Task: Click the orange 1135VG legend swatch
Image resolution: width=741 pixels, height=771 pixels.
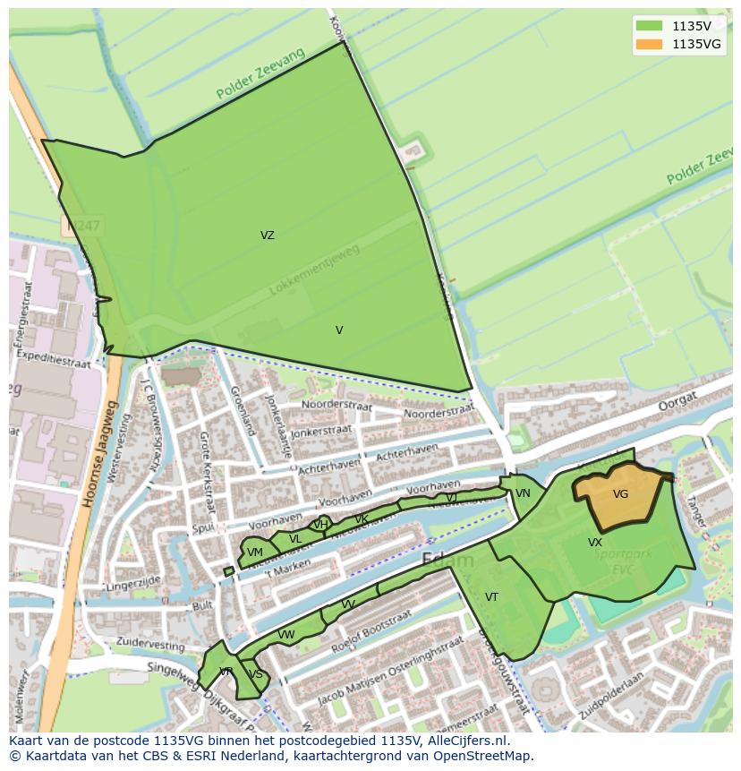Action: pyautogui.click(x=650, y=44)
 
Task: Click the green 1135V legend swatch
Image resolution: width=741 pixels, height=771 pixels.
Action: pyautogui.click(x=650, y=26)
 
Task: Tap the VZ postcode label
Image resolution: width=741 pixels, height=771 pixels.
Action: pyautogui.click(x=268, y=236)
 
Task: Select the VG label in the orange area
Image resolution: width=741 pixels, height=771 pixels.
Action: pyautogui.click(x=620, y=494)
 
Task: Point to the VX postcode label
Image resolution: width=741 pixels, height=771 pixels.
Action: pyautogui.click(x=595, y=543)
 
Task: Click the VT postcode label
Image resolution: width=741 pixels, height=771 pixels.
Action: pyautogui.click(x=491, y=597)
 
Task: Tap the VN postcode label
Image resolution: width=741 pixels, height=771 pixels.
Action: pyautogui.click(x=523, y=493)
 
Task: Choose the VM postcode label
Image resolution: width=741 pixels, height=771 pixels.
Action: pyautogui.click(x=255, y=553)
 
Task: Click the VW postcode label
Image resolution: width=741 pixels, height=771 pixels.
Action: pyautogui.click(x=286, y=635)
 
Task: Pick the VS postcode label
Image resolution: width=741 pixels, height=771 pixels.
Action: pyautogui.click(x=256, y=674)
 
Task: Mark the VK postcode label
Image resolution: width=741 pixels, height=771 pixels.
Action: pyautogui.click(x=362, y=519)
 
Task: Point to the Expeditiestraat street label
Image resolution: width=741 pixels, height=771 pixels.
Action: pyautogui.click(x=54, y=361)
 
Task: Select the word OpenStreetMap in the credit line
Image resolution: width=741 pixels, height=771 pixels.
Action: pyautogui.click(x=483, y=756)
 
